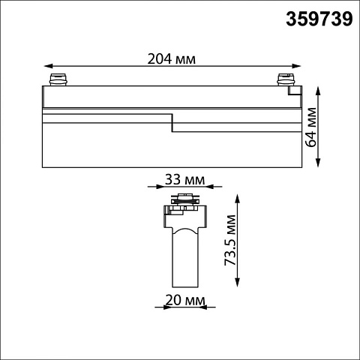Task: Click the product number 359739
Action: (319, 19)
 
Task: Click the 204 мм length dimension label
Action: (172, 59)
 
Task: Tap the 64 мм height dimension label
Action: (311, 127)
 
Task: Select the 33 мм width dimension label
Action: (184, 180)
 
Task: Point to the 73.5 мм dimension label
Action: (230, 240)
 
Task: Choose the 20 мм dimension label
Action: (185, 300)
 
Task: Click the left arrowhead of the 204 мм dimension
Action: (49, 66)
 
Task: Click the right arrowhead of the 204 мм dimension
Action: (296, 66)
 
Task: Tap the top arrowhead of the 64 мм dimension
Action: (318, 91)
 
